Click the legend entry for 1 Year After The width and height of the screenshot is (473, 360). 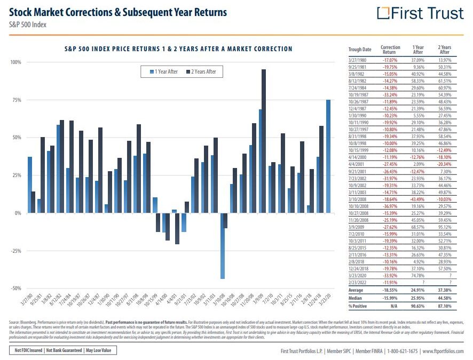pyautogui.click(x=164, y=71)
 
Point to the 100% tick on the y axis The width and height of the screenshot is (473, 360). pyautogui.click(x=15, y=62)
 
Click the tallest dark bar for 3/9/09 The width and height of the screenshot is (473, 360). pyautogui.click(x=264, y=141)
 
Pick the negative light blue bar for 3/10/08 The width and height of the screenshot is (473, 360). pyautogui.click(x=223, y=245)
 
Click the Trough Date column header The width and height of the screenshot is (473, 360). pyautogui.click(x=359, y=50)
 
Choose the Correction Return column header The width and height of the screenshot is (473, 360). pyautogui.click(x=390, y=50)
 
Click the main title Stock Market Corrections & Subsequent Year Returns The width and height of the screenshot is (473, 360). pyautogui.click(x=118, y=12)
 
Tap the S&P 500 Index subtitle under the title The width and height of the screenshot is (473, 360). pyautogui.click(x=28, y=24)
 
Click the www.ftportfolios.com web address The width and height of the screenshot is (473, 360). pyautogui.click(x=442, y=351)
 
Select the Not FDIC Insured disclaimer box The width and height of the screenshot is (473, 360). pyautogui.click(x=27, y=351)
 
